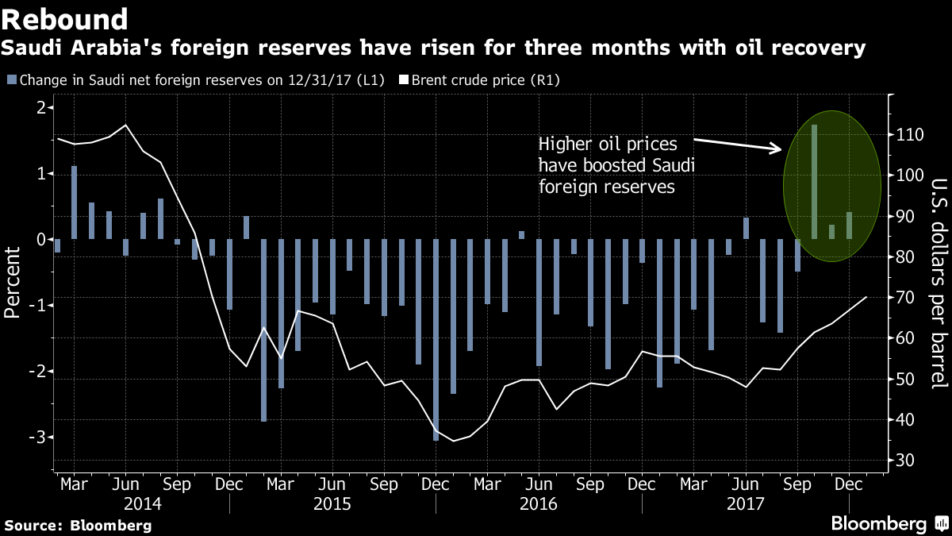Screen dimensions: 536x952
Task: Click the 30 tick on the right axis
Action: coord(904,461)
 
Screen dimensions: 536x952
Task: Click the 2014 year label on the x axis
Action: coord(143,504)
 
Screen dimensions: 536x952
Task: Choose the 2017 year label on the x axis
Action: coord(745,504)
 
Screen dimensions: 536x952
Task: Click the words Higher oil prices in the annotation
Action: coord(605,145)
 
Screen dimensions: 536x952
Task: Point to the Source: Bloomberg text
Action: coord(78,526)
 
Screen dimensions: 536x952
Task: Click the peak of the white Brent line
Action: coord(126,125)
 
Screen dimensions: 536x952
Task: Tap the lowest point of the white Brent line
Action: coord(453,441)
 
